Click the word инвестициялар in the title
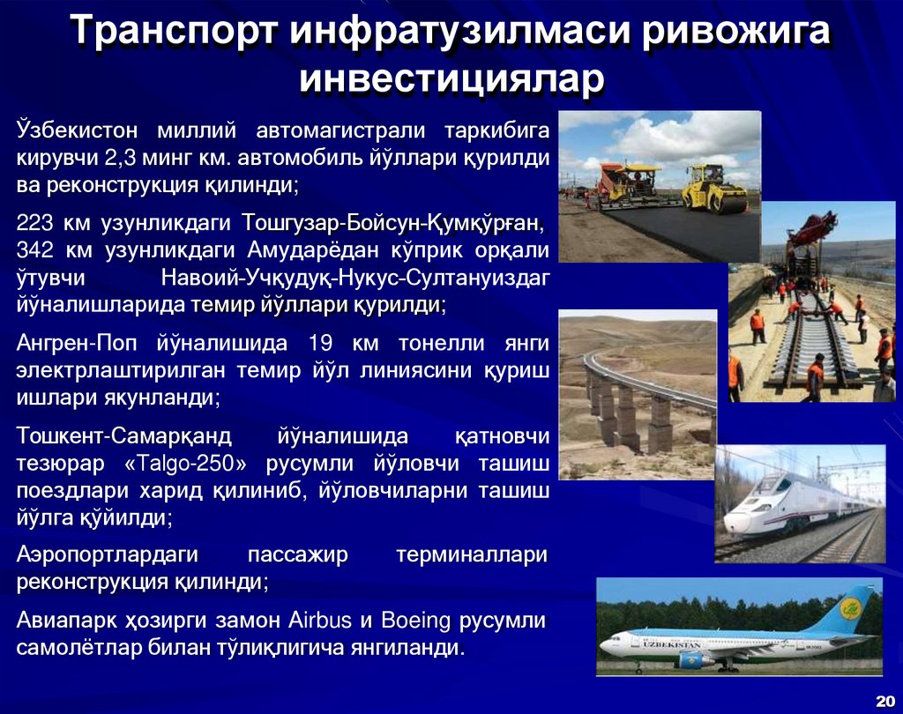click(451, 79)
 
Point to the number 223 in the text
click(34, 221)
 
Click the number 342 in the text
click(34, 249)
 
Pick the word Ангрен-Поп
click(76, 343)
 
